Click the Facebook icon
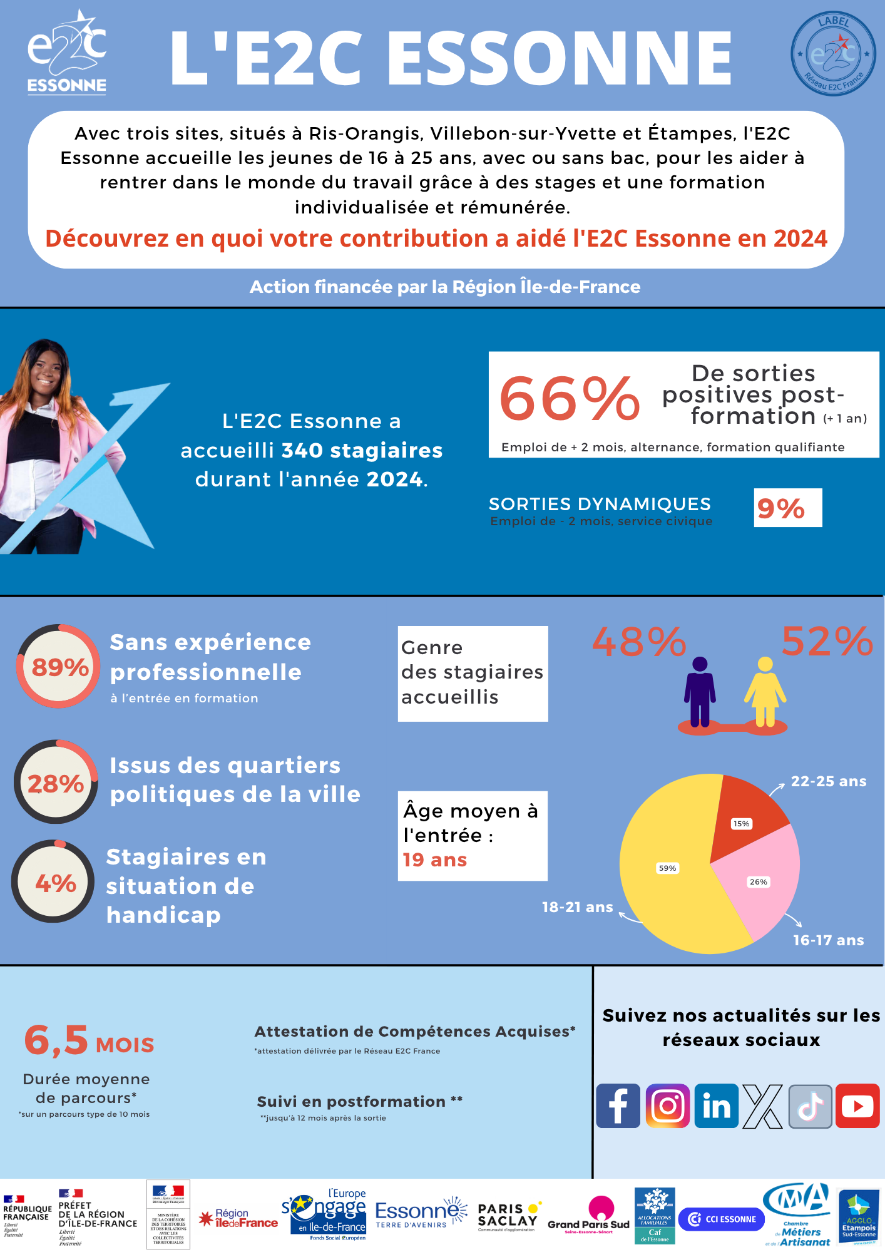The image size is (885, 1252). [618, 1106]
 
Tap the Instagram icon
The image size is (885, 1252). [667, 1106]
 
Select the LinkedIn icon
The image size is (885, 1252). [717, 1106]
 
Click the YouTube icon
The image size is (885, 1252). [857, 1106]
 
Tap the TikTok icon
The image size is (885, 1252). [810, 1106]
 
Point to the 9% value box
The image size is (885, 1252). [787, 508]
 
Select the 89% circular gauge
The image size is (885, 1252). [59, 667]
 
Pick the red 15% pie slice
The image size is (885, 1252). [745, 814]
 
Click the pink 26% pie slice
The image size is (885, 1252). [760, 883]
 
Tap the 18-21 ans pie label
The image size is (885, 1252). [577, 907]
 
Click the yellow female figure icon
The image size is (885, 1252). [765, 692]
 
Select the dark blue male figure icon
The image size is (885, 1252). [700, 692]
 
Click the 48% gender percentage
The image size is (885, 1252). [639, 642]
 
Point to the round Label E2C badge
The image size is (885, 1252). [833, 54]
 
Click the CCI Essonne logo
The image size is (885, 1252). [722, 1219]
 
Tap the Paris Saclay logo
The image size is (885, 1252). [508, 1216]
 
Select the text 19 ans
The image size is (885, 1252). [435, 860]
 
